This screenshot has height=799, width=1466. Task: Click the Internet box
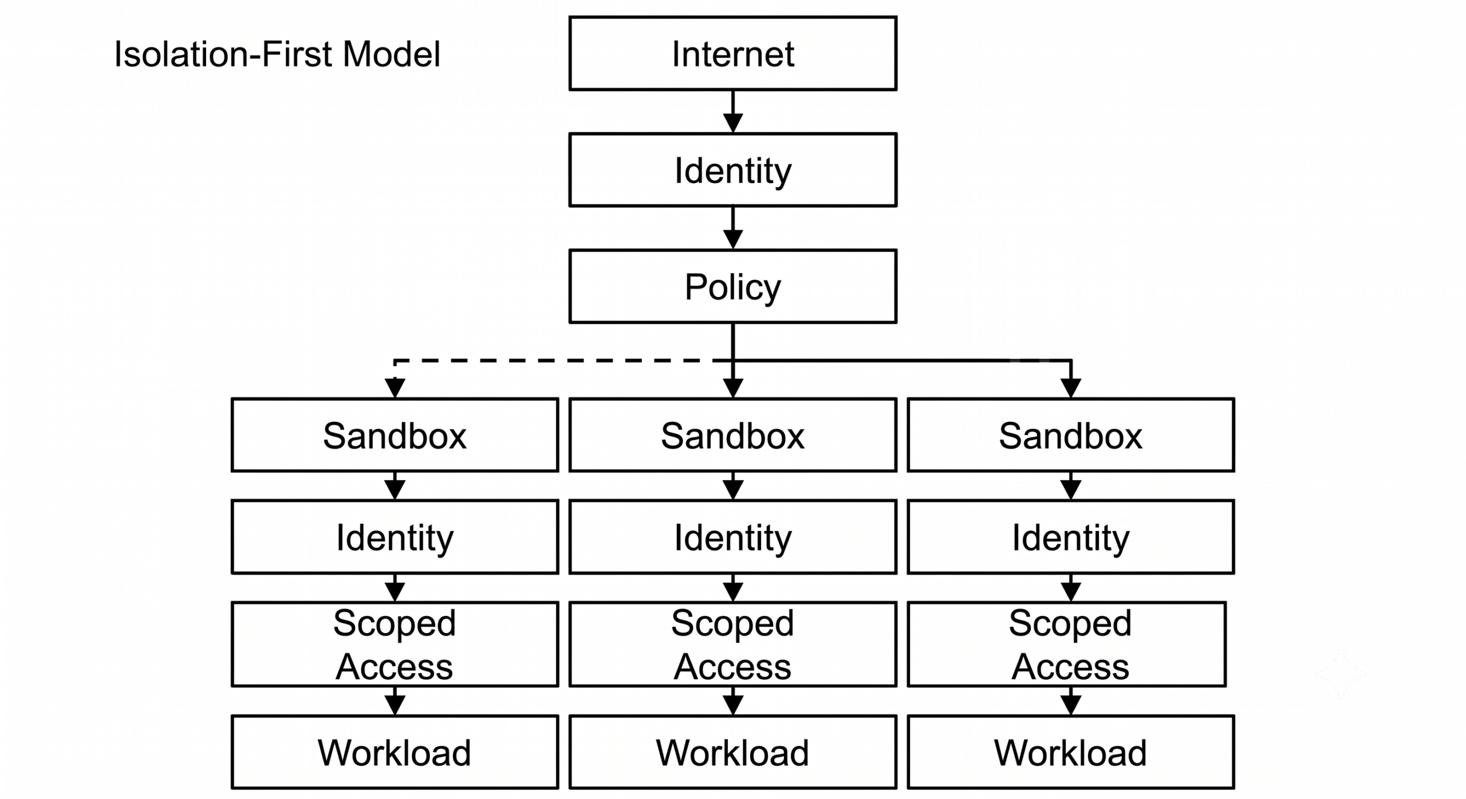732,53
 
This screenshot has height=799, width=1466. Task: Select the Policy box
732,286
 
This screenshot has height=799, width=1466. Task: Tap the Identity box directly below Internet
732,170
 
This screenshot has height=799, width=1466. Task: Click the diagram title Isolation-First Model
277,54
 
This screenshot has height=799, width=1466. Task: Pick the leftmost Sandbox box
395,435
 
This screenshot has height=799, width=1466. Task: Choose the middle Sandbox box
732,435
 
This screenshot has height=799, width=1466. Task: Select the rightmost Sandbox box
1071,435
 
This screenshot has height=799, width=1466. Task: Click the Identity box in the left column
395,537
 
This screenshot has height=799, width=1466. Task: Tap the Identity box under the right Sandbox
1071,537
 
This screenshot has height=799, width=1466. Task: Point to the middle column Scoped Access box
732,644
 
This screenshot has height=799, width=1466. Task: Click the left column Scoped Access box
395,644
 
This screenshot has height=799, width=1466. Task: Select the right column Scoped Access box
1067,644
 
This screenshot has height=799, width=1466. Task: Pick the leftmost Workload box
395,752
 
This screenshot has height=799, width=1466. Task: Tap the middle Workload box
732,752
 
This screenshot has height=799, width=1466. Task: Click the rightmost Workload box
1071,752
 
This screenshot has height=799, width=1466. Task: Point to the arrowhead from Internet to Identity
733,123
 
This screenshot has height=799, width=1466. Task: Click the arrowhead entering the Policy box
733,239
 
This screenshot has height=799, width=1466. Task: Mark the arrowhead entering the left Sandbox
395,388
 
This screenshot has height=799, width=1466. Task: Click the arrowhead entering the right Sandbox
1071,388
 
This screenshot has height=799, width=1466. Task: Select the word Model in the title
392,54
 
